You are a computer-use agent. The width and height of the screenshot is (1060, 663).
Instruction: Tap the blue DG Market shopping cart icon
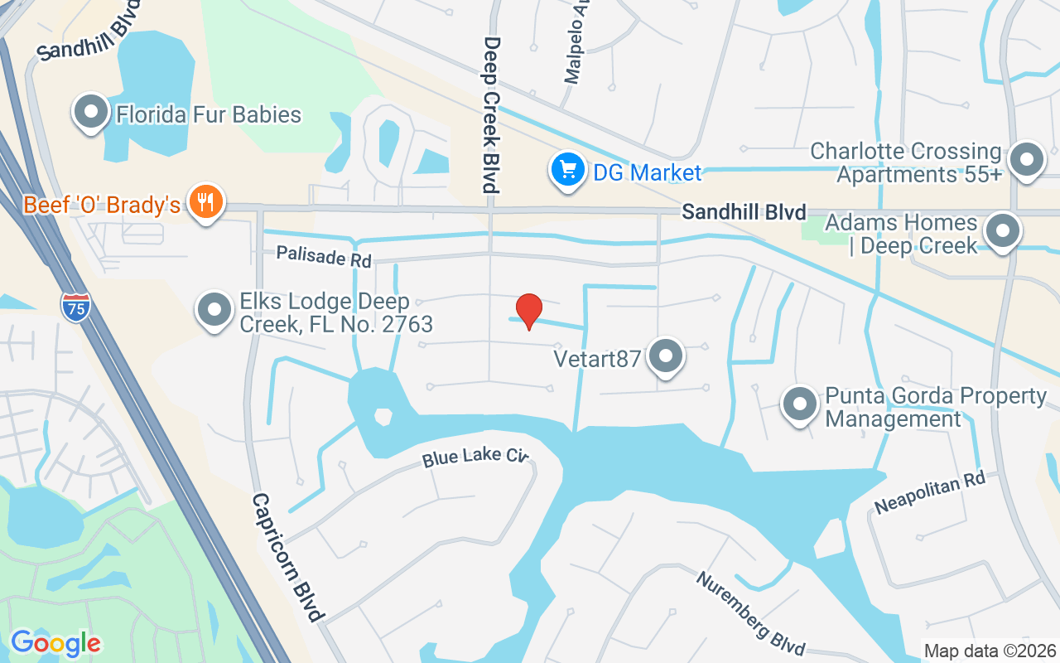(567, 170)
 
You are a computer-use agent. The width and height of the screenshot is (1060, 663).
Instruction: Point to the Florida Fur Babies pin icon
(91, 111)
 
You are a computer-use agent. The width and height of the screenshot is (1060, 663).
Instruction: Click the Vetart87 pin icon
(665, 356)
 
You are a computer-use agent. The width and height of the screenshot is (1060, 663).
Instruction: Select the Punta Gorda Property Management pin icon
(800, 404)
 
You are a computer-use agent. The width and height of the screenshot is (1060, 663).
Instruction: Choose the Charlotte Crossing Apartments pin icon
(1028, 157)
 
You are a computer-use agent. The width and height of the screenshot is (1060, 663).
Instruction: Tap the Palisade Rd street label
(324, 256)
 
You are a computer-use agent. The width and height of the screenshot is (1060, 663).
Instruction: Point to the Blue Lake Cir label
(475, 455)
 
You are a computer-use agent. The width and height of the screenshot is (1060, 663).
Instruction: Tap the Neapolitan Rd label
(930, 492)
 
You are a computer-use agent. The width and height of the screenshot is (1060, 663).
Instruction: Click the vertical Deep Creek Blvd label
(492, 114)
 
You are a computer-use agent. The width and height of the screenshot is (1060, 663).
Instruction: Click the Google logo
(55, 643)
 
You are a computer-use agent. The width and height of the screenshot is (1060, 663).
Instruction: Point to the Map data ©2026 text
(990, 651)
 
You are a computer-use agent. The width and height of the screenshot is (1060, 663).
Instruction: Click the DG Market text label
(647, 173)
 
